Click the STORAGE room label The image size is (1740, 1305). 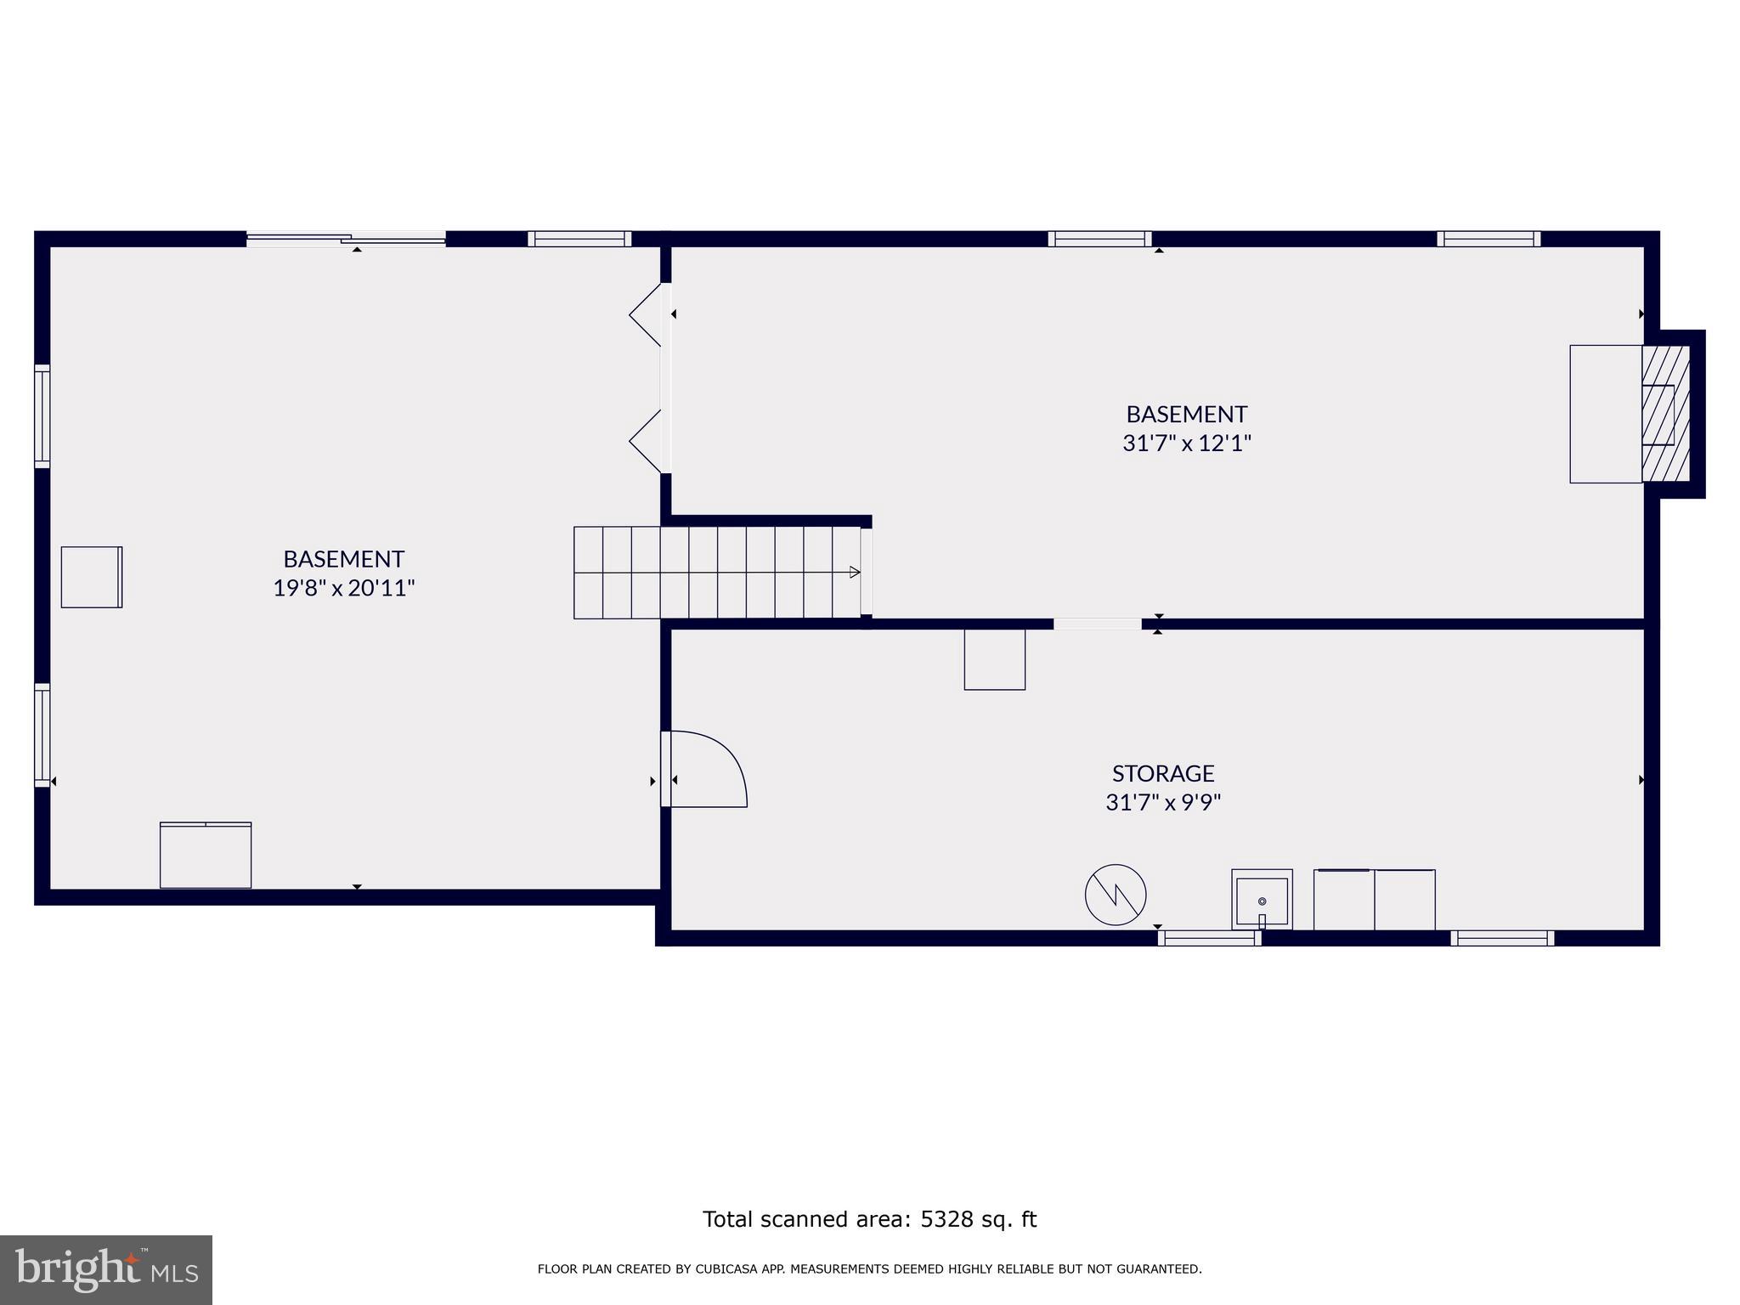pos(1162,773)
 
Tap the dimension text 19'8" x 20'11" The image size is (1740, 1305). pos(343,588)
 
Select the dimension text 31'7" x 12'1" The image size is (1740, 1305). pos(1186,443)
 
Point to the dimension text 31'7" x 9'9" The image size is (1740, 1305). pos(1162,803)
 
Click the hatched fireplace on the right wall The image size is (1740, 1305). pos(1665,415)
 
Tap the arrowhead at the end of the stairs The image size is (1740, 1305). pos(855,573)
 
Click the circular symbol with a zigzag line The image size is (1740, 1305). pos(1115,895)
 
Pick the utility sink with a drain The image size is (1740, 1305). pos(1262,900)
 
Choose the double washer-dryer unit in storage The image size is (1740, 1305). pos(1374,900)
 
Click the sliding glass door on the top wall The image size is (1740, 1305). pos(346,240)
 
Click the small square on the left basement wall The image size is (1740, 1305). pos(92,577)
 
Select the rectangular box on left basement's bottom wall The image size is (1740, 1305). pos(206,856)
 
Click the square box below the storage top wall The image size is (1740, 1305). pos(994,659)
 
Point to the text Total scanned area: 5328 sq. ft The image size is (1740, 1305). pos(869,1219)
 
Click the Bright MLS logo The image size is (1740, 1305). pos(106,1269)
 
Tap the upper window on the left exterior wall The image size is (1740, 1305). pos(42,415)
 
